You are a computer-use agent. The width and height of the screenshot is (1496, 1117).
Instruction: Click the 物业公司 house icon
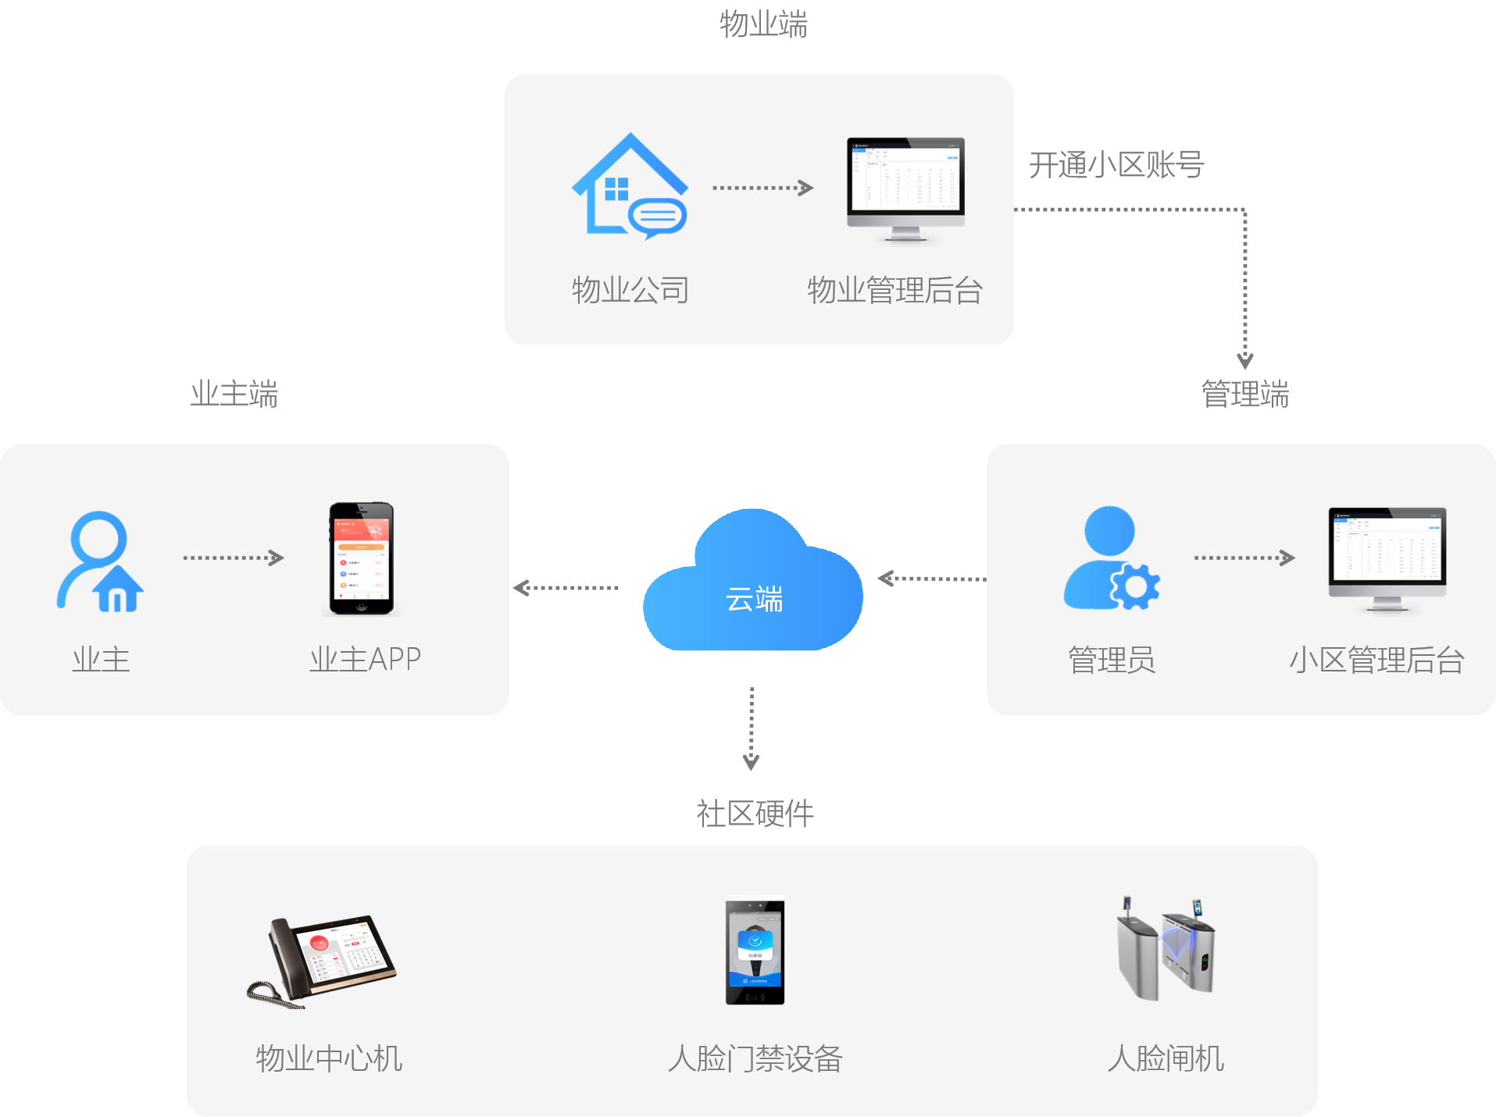pos(630,188)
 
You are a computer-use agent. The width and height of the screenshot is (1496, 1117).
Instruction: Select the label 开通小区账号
pos(1116,166)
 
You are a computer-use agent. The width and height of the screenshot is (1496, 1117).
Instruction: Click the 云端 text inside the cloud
pos(755,600)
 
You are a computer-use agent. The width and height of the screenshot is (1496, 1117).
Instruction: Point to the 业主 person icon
pos(100,561)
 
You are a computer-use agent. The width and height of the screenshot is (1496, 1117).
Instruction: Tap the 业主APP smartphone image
pos(361,559)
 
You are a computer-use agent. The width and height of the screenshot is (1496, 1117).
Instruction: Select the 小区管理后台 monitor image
pos(1387,559)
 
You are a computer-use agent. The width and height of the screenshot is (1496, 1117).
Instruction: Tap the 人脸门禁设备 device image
pos(755,951)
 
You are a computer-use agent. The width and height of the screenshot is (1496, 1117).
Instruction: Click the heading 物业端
pos(763,24)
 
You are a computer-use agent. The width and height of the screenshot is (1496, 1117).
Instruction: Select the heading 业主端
pos(234,394)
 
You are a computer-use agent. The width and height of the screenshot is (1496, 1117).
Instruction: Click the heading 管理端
pos(1245,394)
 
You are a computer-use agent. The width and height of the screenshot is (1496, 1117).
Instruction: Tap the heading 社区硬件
pos(755,814)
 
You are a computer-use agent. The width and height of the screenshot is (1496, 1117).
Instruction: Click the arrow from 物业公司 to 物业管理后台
pos(762,188)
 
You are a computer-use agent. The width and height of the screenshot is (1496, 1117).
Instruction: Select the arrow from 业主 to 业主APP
pos(233,557)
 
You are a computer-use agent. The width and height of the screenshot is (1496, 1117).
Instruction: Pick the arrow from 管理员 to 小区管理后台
pos(1244,557)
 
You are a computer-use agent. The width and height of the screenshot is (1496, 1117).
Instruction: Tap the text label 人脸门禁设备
pos(755,1059)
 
